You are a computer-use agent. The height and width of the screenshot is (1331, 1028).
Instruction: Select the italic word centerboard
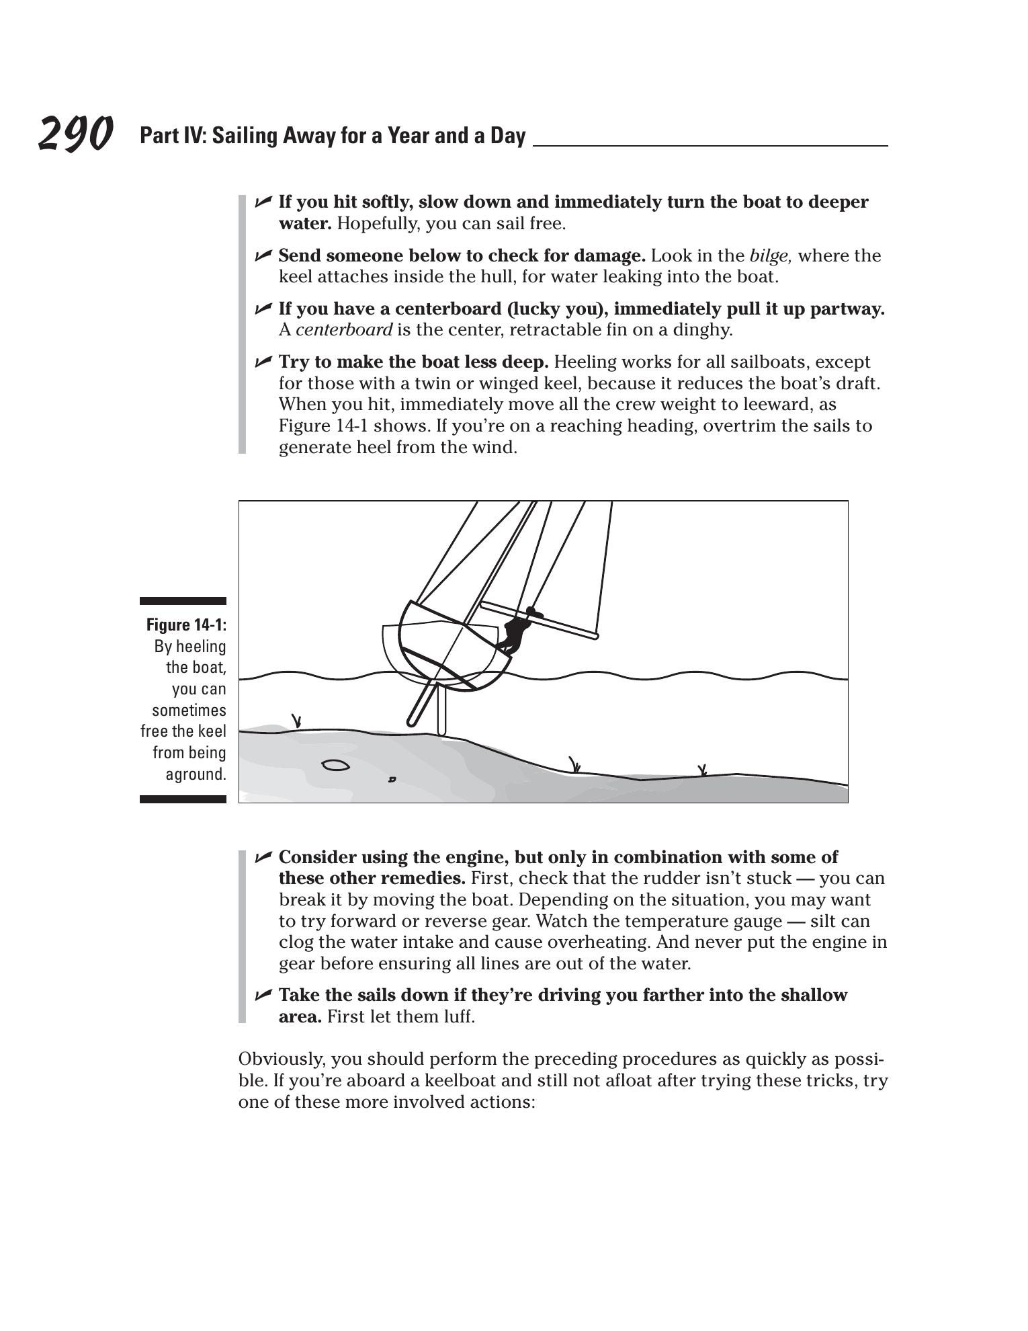(343, 330)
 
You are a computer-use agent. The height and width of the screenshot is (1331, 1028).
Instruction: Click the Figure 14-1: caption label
(186, 625)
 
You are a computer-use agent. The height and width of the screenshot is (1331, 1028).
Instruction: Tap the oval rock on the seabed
(335, 765)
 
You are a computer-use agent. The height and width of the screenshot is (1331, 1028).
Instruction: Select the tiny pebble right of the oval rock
(392, 780)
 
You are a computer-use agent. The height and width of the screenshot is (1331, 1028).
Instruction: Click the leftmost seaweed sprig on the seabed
(296, 721)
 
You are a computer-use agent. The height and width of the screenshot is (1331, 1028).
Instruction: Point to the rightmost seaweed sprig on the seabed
(703, 770)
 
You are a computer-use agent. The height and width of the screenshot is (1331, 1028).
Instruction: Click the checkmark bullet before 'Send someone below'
(263, 255)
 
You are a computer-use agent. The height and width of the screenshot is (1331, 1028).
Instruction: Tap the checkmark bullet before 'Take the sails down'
(263, 994)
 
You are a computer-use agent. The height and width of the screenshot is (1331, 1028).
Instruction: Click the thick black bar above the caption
(183, 601)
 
